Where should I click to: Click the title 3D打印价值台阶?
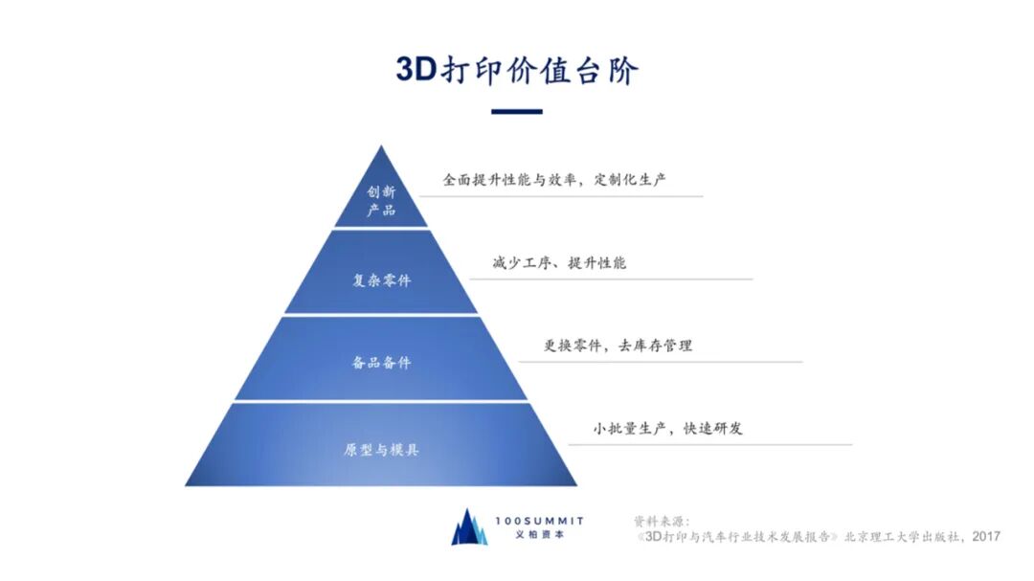[517, 70]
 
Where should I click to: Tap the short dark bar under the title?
[517, 112]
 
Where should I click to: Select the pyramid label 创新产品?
[381, 200]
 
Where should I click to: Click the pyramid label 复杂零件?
[381, 280]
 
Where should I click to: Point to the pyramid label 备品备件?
[381, 363]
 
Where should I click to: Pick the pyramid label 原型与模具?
[381, 449]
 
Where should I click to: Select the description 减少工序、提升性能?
[559, 262]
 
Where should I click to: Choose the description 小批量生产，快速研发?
[667, 428]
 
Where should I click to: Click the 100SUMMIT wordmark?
[539, 521]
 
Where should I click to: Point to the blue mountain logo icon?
[469, 527]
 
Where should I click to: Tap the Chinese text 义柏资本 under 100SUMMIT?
[539, 535]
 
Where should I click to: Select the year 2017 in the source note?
[986, 537]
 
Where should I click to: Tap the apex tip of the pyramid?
[381, 148]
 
